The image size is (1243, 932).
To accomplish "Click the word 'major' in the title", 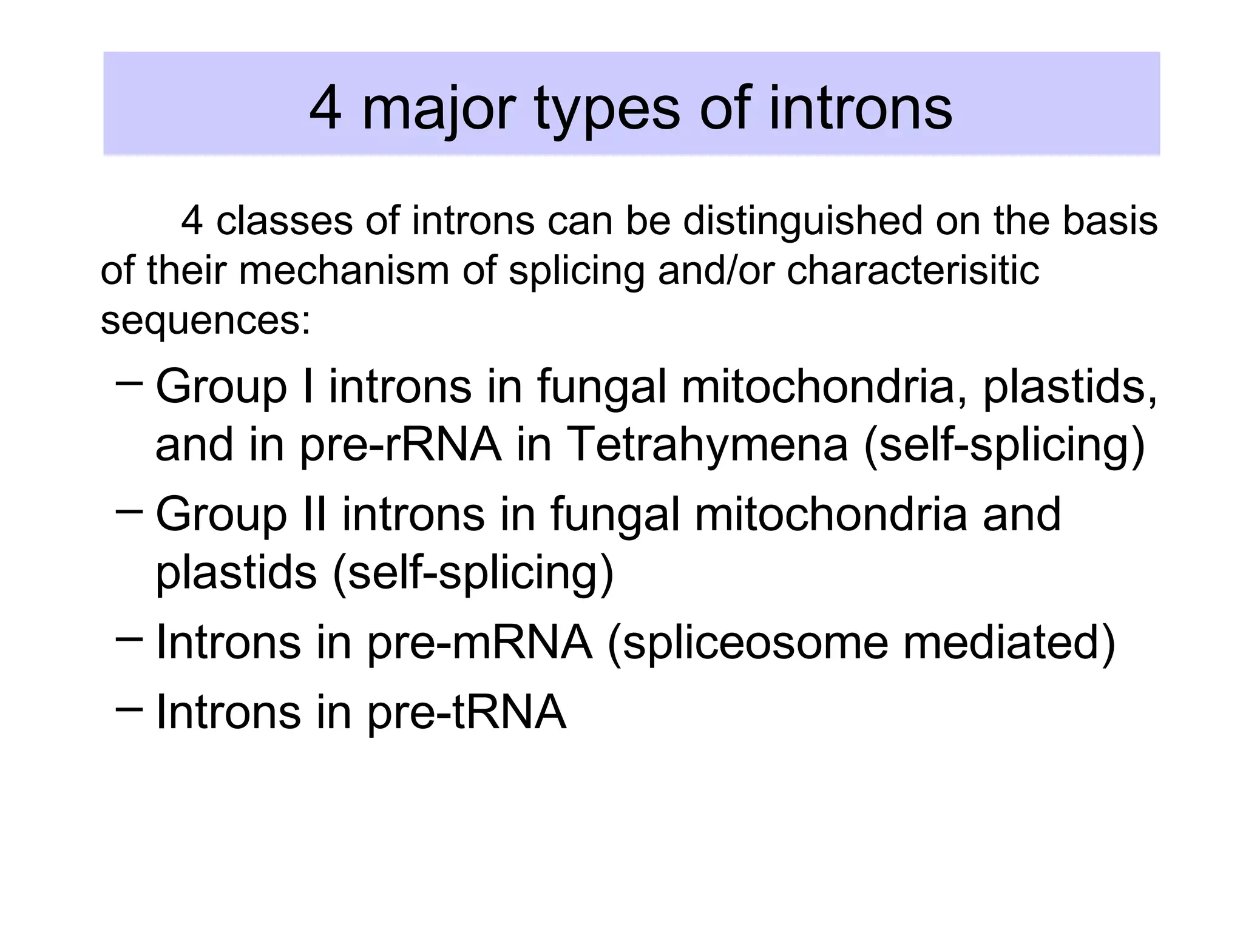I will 438,109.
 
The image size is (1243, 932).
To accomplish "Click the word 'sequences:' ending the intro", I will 206,320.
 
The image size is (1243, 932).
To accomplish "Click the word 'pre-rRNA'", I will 401,445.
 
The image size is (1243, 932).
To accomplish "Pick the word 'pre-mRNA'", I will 479,643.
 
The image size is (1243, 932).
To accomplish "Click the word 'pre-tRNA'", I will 467,712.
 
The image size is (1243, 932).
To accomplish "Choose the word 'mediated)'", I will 1009,643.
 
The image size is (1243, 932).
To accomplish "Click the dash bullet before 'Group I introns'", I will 129,383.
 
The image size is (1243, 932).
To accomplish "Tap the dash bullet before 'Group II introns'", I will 129,510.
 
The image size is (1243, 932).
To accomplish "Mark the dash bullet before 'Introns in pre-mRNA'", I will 129,638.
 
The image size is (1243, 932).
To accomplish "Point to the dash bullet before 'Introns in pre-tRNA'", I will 129,707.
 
